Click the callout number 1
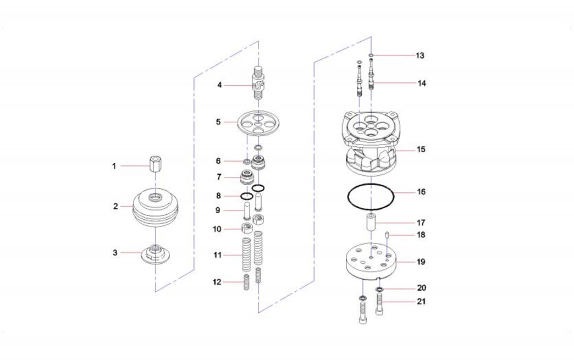114,166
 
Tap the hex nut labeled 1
155,166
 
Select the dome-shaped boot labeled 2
156,206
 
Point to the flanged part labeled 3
156,254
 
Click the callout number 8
218,196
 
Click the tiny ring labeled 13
371,56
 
